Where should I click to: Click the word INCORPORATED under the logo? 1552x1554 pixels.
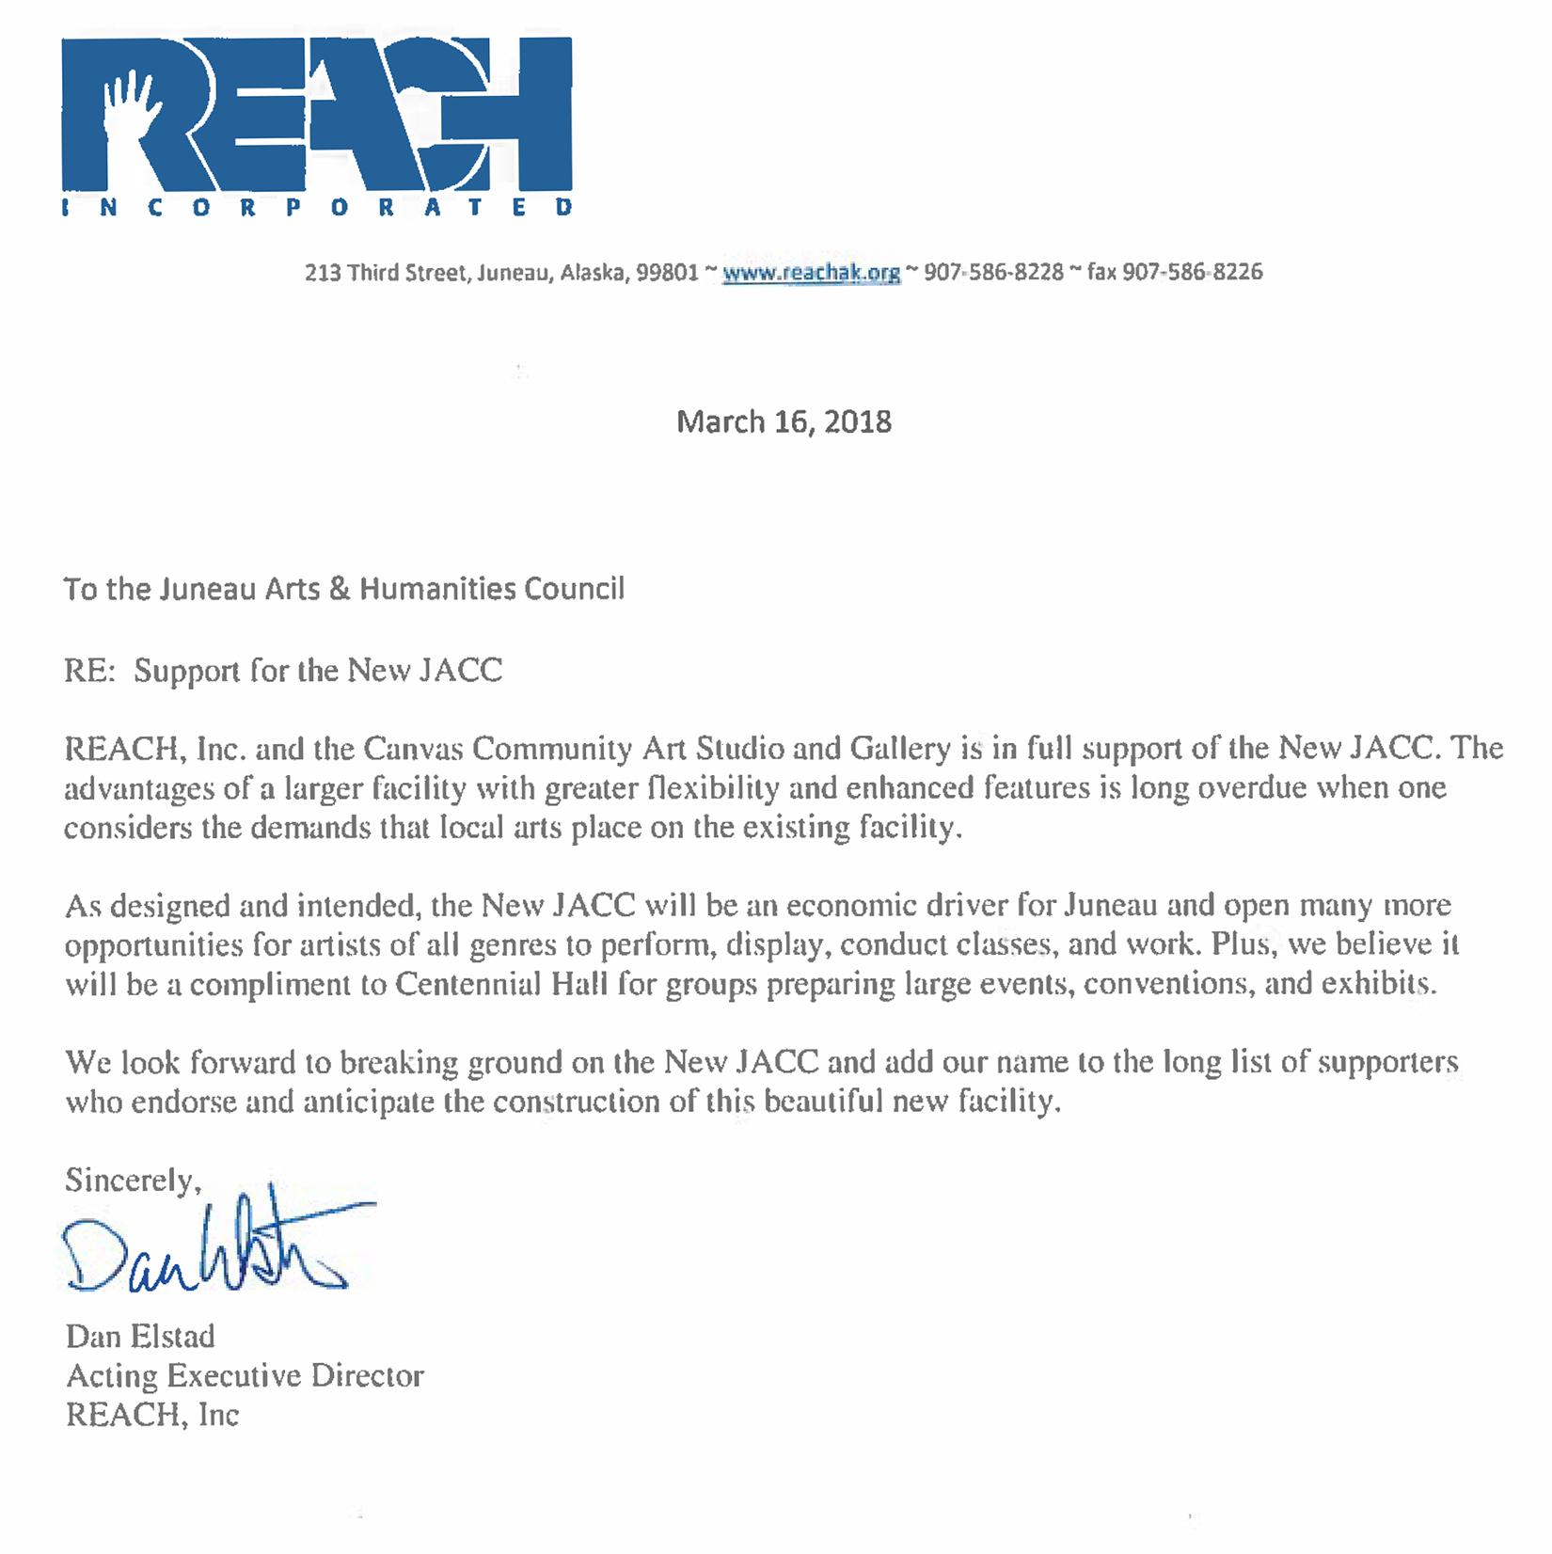click(316, 207)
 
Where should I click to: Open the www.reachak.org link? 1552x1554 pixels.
click(811, 273)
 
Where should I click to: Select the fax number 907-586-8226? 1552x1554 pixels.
click(1192, 273)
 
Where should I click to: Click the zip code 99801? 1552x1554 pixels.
click(667, 273)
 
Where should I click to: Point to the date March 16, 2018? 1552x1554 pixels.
click(784, 421)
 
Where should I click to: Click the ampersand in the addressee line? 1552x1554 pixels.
click(340, 589)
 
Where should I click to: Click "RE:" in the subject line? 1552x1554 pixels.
click(89, 671)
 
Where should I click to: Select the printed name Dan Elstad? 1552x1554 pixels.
click(140, 1337)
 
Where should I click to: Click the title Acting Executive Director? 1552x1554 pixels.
click(245, 1376)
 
